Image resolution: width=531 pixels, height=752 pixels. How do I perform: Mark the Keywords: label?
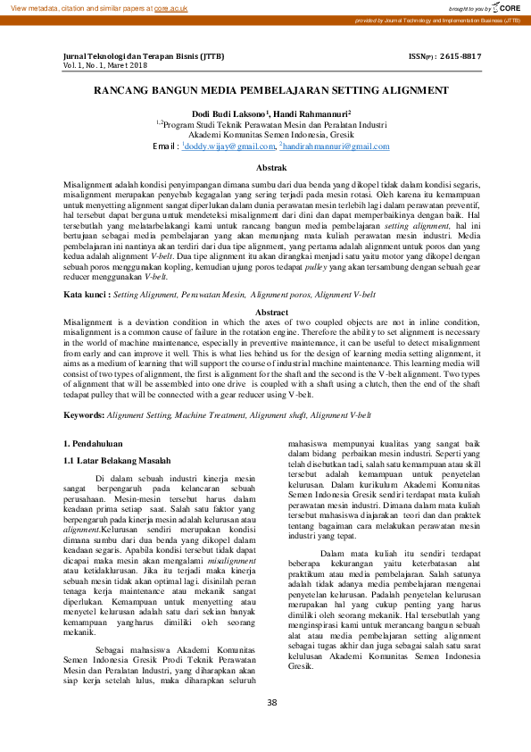[87, 415]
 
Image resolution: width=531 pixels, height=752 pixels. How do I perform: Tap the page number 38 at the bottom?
[271, 702]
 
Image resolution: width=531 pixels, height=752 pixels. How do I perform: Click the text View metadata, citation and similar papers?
[76, 7]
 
